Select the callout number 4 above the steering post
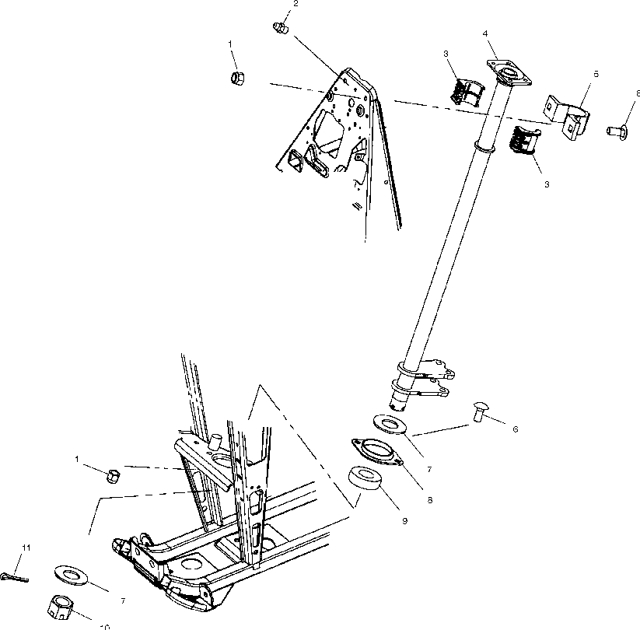tap(485, 33)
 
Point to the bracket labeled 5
tap(567, 116)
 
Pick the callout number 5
tap(596, 73)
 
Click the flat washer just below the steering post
tap(393, 424)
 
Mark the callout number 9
tap(404, 521)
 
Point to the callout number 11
tap(26, 548)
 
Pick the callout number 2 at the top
tap(295, 5)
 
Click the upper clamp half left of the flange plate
tap(465, 87)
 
